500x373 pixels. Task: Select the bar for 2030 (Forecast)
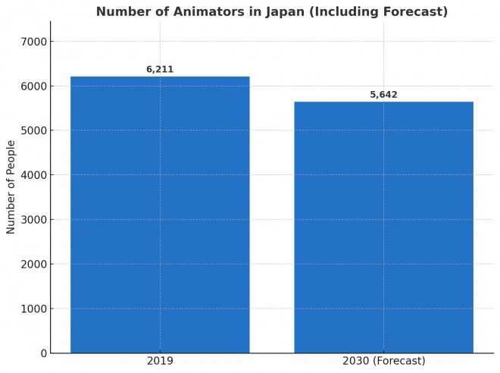coord(383,227)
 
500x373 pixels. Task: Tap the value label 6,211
coord(160,70)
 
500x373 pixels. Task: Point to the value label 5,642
coord(383,95)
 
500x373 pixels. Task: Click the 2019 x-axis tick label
coord(160,361)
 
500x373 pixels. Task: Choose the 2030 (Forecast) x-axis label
coord(383,361)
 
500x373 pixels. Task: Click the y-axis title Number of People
coord(11,186)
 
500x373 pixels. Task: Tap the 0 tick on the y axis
coord(42,353)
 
